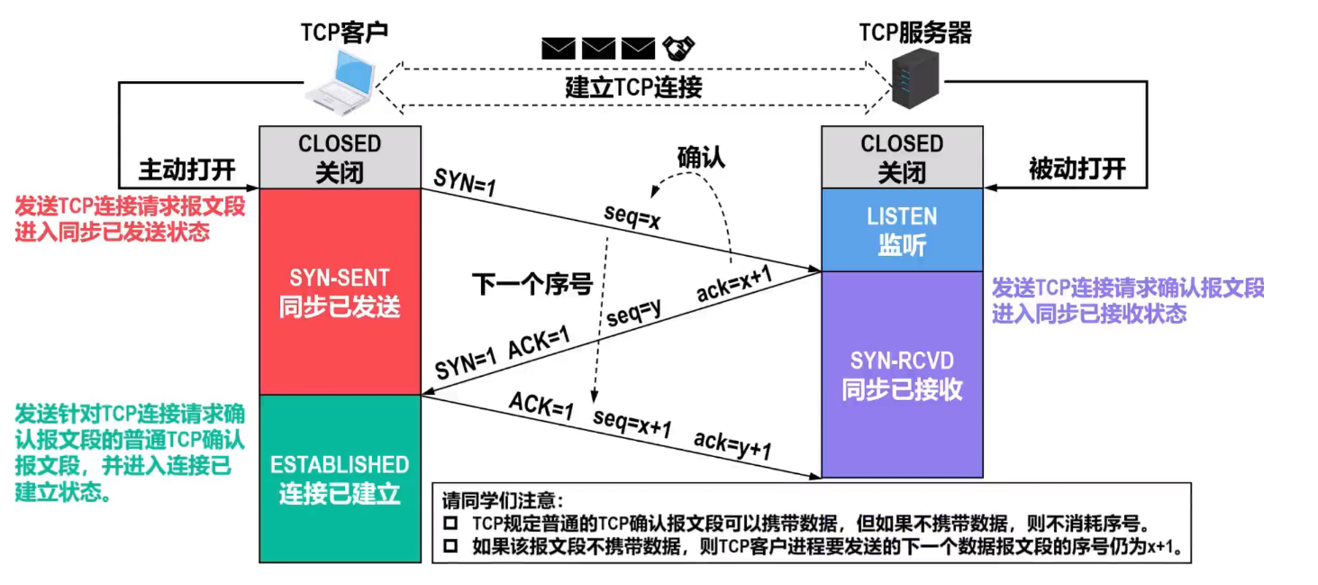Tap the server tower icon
click(915, 79)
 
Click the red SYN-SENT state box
click(340, 291)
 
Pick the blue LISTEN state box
click(902, 230)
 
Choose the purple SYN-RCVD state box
click(902, 374)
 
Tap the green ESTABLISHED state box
click(340, 479)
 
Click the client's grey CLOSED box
click(340, 158)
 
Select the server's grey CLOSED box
click(902, 158)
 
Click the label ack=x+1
click(735, 285)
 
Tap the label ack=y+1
click(732, 444)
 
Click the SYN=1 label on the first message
click(465, 180)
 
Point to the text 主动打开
click(186, 169)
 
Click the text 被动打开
click(1077, 169)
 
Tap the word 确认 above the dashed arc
click(701, 157)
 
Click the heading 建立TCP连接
click(633, 87)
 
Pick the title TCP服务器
click(915, 33)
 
